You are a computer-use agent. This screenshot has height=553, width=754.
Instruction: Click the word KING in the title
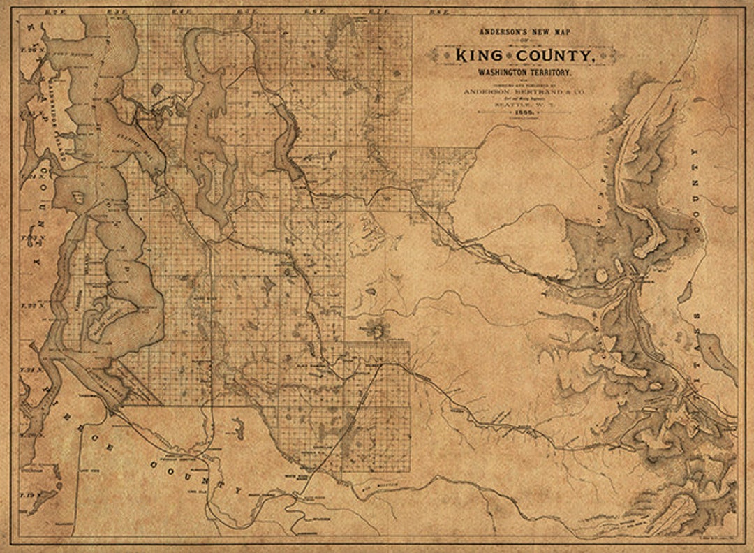(x=486, y=56)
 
